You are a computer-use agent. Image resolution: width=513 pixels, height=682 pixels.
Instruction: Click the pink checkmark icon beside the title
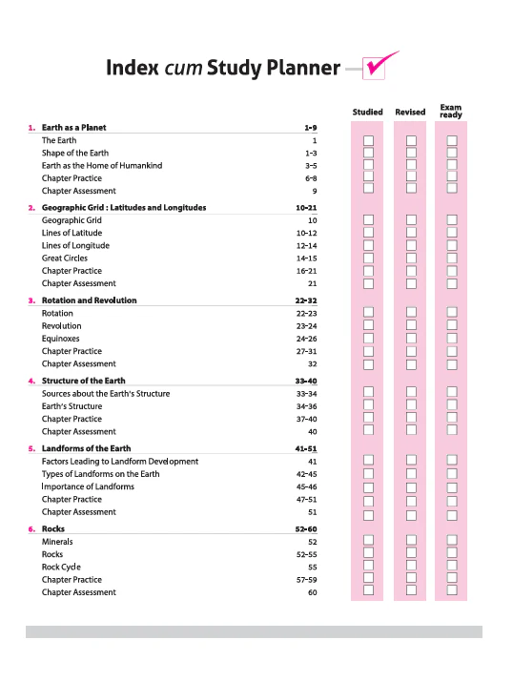[378, 67]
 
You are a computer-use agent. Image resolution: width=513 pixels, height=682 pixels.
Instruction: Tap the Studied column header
[367, 112]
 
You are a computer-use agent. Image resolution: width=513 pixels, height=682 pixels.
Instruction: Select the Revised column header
[410, 112]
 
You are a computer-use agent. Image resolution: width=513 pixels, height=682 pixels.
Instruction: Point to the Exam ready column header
[451, 111]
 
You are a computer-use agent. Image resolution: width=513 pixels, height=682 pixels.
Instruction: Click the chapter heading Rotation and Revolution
[89, 300]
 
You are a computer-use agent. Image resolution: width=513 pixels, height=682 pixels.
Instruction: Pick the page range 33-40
[306, 381]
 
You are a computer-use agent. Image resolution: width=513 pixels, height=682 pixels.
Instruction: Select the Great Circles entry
[64, 258]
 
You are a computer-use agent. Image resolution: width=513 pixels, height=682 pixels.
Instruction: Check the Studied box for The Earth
[368, 140]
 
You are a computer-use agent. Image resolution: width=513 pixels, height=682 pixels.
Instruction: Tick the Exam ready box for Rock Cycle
[452, 565]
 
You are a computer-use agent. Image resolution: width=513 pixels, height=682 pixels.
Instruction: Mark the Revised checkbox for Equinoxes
[411, 338]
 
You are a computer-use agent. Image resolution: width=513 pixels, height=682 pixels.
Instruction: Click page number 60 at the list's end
[313, 592]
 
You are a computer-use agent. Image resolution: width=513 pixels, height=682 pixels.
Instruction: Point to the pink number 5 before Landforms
[31, 448]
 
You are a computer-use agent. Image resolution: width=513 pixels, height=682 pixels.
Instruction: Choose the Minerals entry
[57, 542]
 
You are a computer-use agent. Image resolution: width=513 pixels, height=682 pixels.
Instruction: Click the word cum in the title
[183, 69]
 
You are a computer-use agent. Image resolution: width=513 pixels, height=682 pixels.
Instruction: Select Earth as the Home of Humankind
[102, 165]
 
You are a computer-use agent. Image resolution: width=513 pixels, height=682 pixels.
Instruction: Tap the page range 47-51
[306, 499]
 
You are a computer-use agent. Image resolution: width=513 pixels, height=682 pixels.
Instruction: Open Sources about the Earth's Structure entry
[106, 393]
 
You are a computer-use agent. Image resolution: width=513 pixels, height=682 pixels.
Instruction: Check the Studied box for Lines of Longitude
[368, 245]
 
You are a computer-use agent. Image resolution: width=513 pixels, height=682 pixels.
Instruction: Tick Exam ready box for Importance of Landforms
[452, 487]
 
